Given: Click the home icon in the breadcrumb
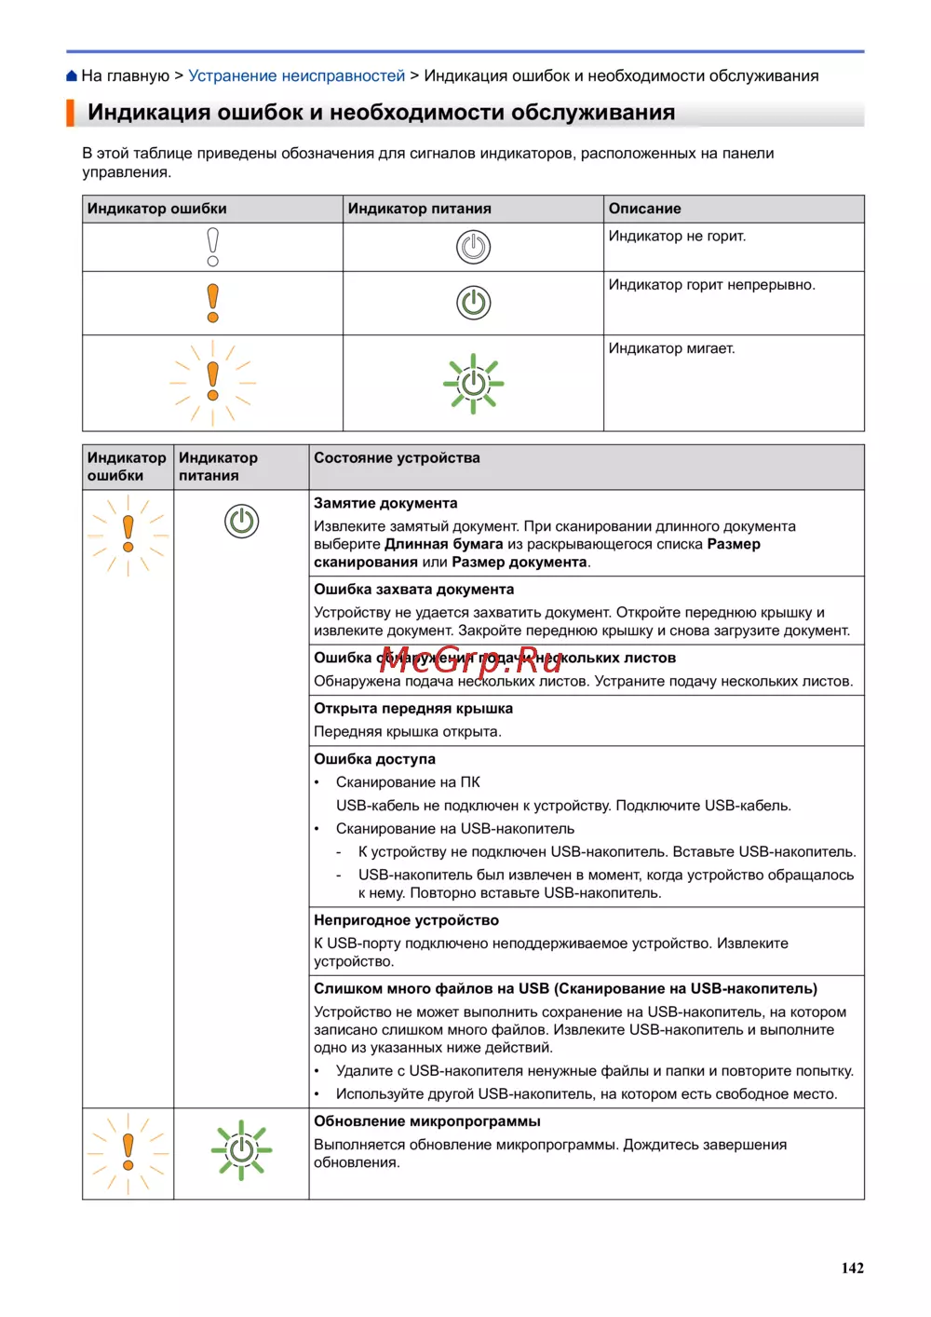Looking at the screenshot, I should pyautogui.click(x=72, y=76).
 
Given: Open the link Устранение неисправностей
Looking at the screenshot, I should pyautogui.click(x=296, y=76).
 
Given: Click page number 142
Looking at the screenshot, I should pyautogui.click(x=852, y=1268).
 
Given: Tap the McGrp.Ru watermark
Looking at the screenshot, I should pyautogui.click(x=470, y=660).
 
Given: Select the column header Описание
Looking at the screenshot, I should pyautogui.click(x=644, y=209).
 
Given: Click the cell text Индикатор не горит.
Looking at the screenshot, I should pyautogui.click(x=677, y=237).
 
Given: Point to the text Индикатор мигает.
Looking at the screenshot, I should pyautogui.click(x=671, y=348).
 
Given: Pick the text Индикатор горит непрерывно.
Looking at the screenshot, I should pyautogui.click(x=711, y=285).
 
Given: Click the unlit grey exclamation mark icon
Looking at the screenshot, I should pyautogui.click(x=213, y=247).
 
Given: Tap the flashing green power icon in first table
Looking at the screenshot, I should pyautogui.click(x=473, y=383).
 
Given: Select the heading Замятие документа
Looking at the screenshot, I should pyautogui.click(x=385, y=503).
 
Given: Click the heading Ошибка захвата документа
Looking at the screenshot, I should pyautogui.click(x=413, y=590).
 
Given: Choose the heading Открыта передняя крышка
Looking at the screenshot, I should pyautogui.click(x=412, y=709).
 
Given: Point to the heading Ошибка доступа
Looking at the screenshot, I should pyautogui.click(x=374, y=759).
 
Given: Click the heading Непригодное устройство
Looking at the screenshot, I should pyautogui.click(x=406, y=920).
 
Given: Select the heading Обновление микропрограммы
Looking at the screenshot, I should pyautogui.click(x=426, y=1121).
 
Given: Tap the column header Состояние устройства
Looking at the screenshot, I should pyautogui.click(x=397, y=458).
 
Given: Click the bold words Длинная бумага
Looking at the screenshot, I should pyautogui.click(x=443, y=544).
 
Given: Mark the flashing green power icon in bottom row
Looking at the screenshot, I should pyautogui.click(x=241, y=1149).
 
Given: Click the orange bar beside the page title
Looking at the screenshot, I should pyautogui.click(x=70, y=113).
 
